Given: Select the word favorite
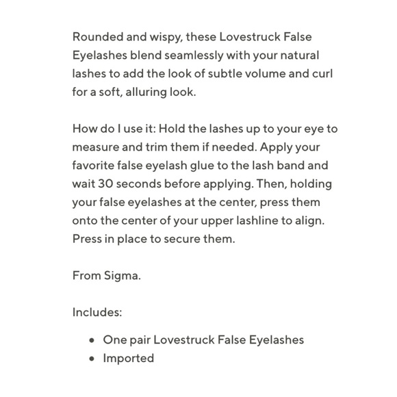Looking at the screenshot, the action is tap(95, 166).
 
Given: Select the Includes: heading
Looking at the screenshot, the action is tap(97, 313).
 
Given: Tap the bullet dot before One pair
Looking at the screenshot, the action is tap(92, 340).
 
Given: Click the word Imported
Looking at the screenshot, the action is tap(129, 358).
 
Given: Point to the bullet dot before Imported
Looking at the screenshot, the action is tap(92, 359).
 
